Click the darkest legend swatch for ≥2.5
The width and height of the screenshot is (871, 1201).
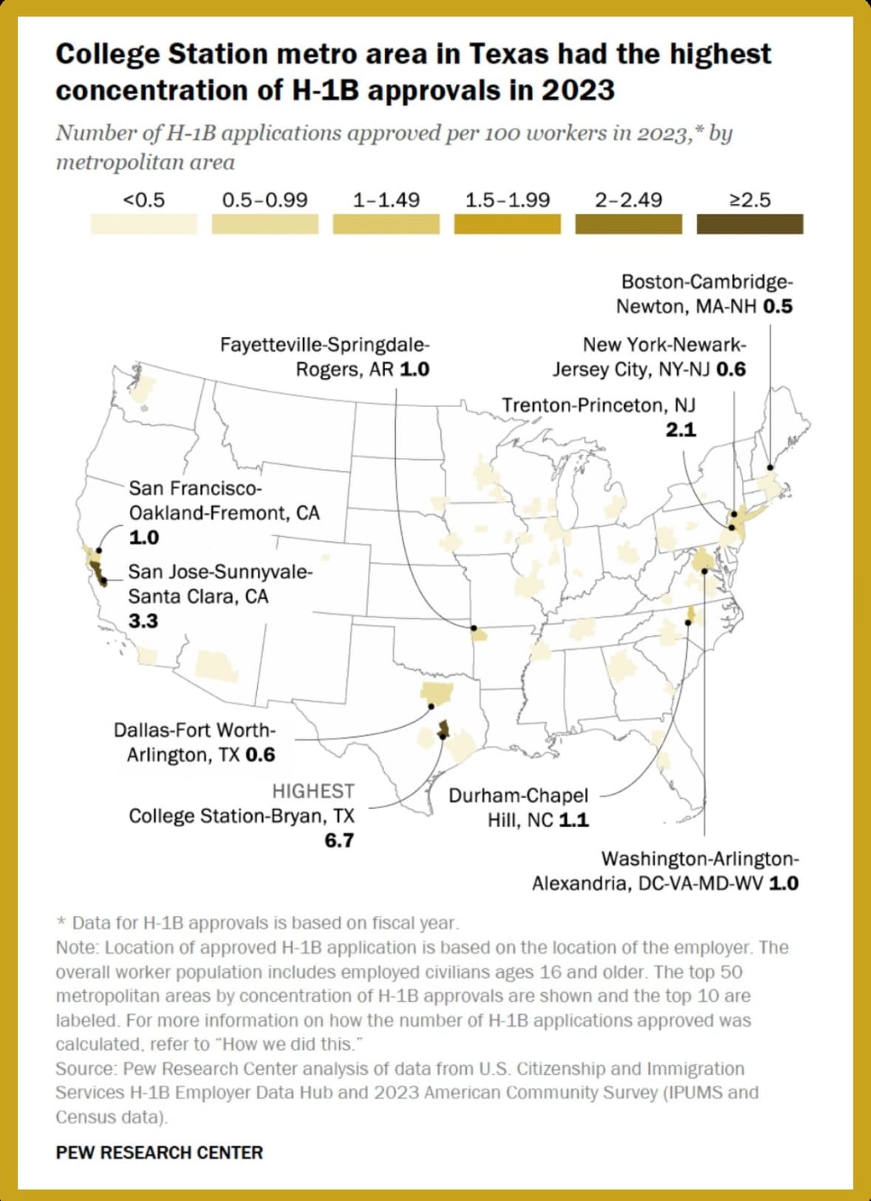click(750, 224)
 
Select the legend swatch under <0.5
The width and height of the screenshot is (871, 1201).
click(144, 224)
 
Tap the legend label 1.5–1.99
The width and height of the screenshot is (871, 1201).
click(508, 200)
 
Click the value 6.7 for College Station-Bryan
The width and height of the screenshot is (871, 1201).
click(339, 841)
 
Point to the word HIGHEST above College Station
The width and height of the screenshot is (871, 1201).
click(313, 791)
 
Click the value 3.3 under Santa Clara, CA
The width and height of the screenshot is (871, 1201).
click(143, 621)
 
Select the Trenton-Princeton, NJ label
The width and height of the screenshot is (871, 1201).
click(598, 406)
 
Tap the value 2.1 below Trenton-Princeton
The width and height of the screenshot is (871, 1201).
click(680, 430)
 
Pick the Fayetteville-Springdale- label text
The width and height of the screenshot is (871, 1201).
click(325, 345)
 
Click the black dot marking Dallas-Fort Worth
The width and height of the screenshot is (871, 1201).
click(431, 707)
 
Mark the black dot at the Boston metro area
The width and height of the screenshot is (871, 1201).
click(770, 467)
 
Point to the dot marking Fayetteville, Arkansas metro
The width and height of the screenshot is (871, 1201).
click(474, 628)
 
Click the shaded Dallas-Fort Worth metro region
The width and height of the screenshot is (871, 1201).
click(436, 694)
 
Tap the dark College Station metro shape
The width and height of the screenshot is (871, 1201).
click(443, 729)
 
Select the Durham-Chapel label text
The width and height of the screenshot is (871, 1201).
click(518, 795)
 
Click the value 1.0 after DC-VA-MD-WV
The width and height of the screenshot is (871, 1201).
click(784, 883)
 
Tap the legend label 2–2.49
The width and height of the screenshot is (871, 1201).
click(629, 200)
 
